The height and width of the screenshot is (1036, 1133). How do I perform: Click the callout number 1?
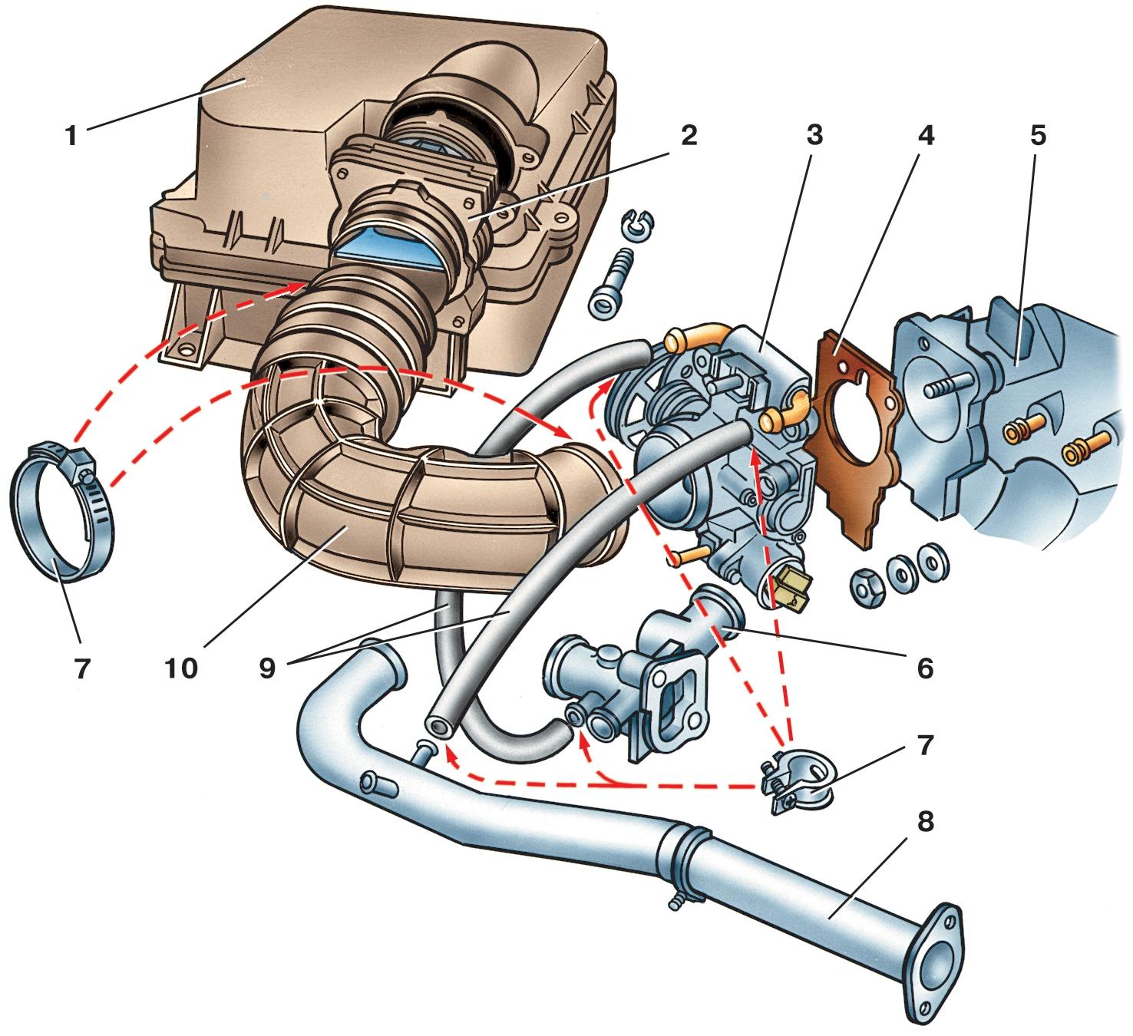(71, 136)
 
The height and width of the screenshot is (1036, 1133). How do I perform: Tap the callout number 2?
(689, 136)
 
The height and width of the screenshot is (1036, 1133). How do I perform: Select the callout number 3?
(814, 136)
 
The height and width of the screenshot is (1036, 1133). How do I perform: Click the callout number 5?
(1038, 136)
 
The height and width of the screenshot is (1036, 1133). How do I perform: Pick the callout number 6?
(925, 669)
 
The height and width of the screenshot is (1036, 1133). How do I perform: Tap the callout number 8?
(925, 822)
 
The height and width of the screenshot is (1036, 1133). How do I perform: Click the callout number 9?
(267, 669)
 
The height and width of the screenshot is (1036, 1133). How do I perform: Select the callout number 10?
(180, 669)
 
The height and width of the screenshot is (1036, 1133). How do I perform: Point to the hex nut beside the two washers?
(867, 588)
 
